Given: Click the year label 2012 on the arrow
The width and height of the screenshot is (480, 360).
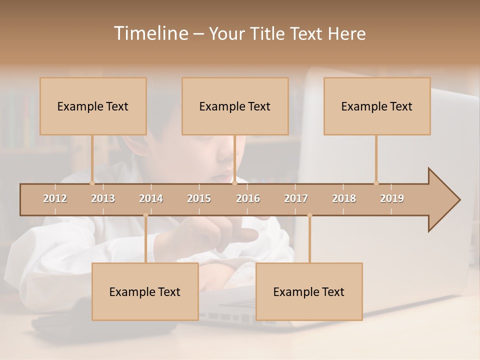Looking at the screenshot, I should point(55,198).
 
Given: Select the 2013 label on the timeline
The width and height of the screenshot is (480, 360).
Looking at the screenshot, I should point(103,198).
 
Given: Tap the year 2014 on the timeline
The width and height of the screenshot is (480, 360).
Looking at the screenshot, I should point(151,198).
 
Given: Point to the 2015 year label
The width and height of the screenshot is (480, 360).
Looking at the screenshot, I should point(199,198).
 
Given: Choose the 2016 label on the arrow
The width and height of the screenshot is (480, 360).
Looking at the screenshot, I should point(248,198).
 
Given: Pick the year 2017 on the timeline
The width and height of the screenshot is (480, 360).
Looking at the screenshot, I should point(296,198).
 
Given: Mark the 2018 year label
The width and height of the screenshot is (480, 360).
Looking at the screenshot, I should point(344,198).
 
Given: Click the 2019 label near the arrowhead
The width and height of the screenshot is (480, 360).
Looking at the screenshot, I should point(392,198).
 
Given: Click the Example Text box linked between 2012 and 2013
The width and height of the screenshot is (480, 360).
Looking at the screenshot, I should point(93,106).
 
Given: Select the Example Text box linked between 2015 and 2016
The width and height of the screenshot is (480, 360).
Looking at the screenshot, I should point(235,106).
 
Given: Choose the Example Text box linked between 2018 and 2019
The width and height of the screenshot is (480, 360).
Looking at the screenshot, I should point(377,106).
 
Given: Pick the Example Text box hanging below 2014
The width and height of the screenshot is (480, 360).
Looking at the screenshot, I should point(145,291).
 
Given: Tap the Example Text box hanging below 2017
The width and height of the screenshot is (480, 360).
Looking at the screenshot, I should point(309,291).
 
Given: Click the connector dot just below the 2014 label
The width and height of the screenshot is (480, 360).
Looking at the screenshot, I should point(145,215).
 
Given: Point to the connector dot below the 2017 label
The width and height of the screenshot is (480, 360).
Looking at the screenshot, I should point(309,215).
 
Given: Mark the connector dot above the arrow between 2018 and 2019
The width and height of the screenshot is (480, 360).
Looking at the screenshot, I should point(376,183).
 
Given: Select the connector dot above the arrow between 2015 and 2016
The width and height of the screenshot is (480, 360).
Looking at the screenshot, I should point(234,183).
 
